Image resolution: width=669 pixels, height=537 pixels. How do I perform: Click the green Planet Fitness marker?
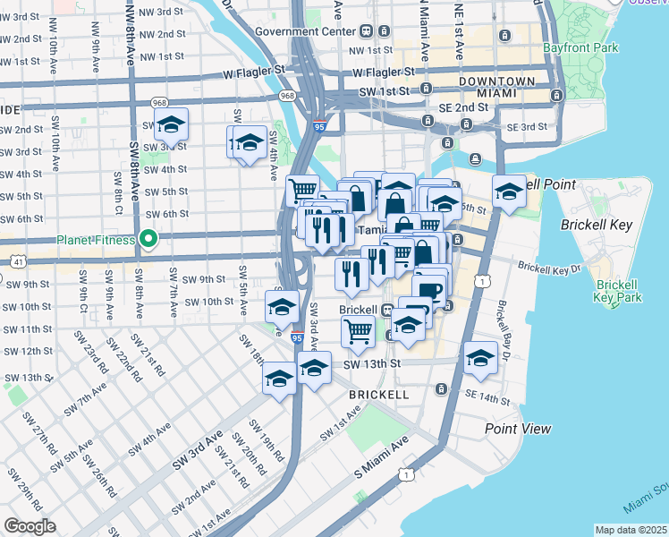tap(150, 239)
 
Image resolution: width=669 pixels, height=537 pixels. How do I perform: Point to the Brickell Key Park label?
tap(618, 291)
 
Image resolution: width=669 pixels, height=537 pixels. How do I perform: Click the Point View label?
tap(518, 429)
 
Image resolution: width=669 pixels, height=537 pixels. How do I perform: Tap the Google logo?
tap(30, 526)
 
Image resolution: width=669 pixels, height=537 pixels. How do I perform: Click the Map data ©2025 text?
tap(631, 530)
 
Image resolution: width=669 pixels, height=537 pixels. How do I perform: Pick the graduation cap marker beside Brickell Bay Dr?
tap(480, 360)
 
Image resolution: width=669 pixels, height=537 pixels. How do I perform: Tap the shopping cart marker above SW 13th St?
tap(358, 332)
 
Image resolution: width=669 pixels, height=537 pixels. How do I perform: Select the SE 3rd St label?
tap(526, 127)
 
